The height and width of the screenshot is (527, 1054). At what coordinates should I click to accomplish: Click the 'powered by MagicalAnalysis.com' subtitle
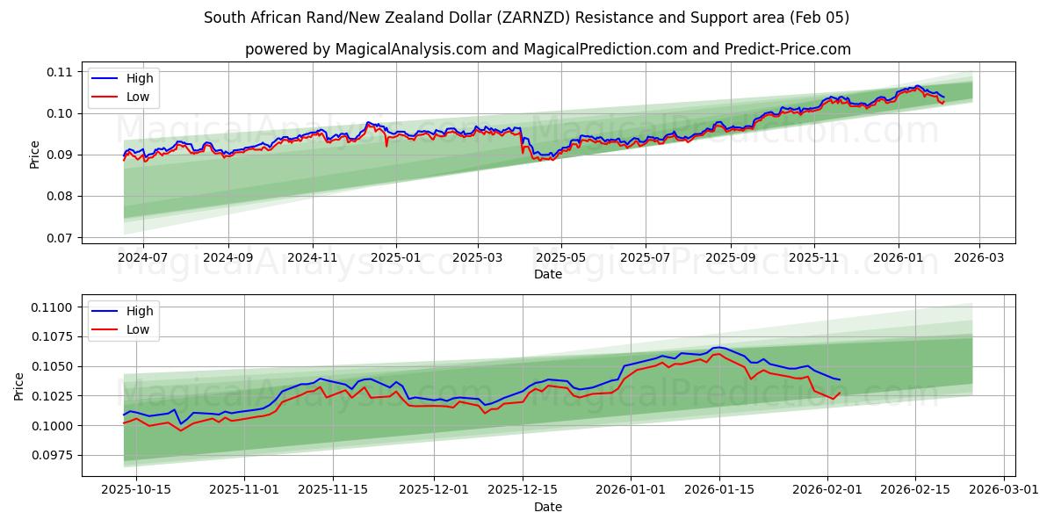(x=547, y=49)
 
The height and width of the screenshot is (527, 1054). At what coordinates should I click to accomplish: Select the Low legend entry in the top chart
(x=137, y=97)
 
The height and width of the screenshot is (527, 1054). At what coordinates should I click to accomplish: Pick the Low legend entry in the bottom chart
(x=137, y=329)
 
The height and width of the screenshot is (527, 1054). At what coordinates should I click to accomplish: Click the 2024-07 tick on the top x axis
(x=142, y=258)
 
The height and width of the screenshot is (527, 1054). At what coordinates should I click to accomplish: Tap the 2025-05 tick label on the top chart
(x=561, y=258)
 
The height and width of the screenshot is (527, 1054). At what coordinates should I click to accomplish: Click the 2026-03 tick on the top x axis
(x=979, y=258)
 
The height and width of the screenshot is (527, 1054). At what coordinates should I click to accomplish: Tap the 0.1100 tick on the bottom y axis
(x=54, y=307)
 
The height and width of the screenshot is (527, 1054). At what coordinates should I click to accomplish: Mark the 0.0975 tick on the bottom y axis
(x=54, y=455)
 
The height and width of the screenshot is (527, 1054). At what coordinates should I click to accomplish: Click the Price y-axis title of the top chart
(x=35, y=154)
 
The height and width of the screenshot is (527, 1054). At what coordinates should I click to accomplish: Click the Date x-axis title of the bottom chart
(x=547, y=507)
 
